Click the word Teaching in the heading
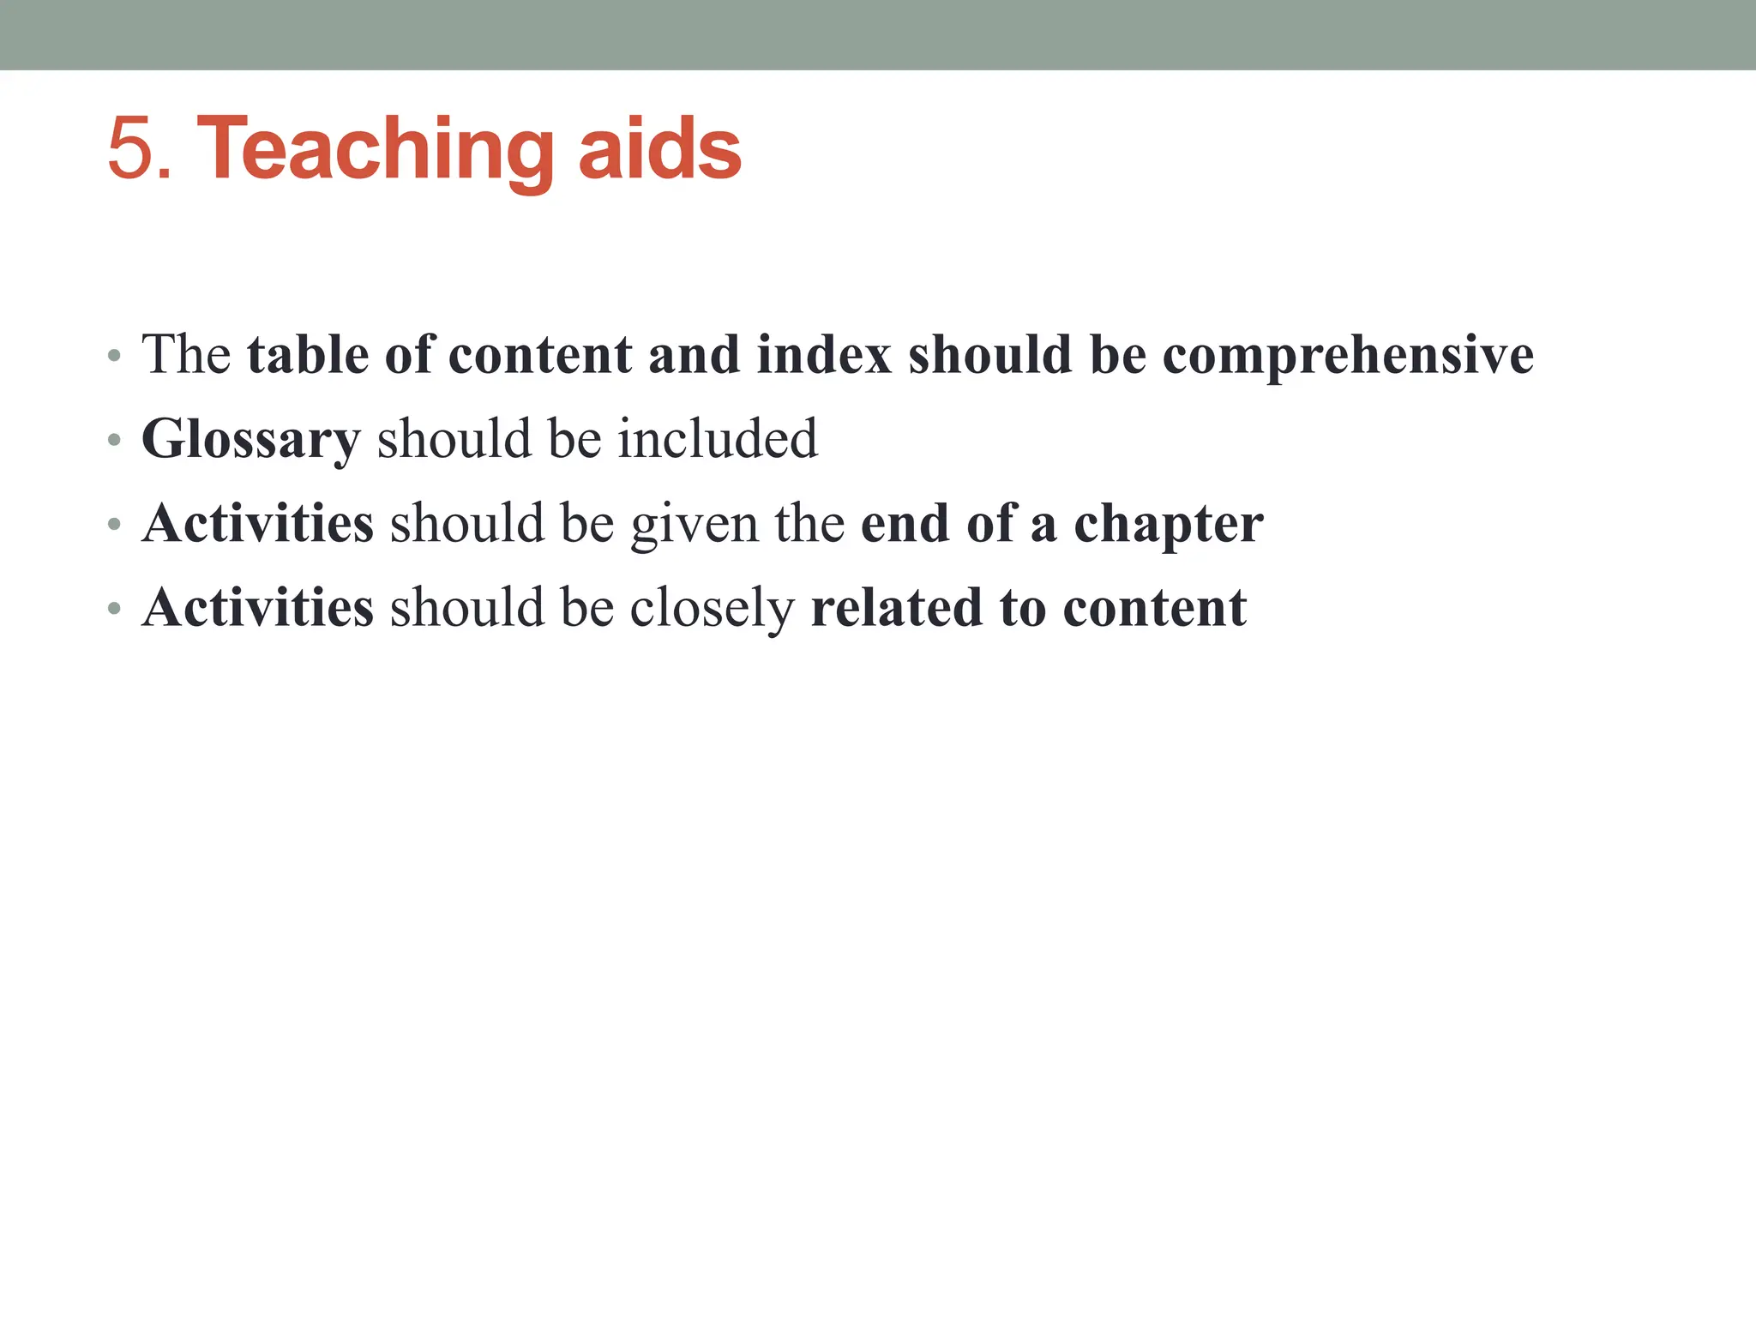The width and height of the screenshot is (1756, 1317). point(376,151)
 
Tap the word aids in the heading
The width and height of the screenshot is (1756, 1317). point(659,149)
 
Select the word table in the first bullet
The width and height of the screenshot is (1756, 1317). point(308,354)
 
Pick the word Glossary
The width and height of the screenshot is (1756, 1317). point(250,440)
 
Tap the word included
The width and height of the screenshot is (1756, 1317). point(718,438)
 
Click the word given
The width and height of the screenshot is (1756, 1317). point(695,525)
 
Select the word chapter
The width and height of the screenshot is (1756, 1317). point(1169,525)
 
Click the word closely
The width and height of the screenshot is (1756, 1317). point(713,609)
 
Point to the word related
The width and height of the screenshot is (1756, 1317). point(896,608)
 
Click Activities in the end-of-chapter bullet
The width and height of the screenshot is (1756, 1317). point(258,523)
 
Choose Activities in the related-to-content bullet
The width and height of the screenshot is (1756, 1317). point(258,608)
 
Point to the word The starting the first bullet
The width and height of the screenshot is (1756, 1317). point(186,354)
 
